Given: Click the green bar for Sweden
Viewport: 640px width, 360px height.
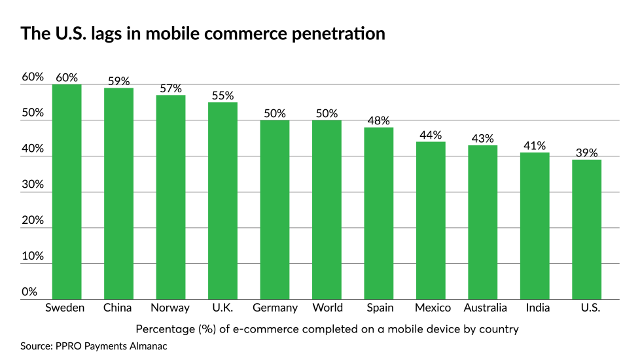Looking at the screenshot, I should tap(67, 192).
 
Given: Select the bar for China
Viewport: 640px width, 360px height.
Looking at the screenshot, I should tap(118, 194).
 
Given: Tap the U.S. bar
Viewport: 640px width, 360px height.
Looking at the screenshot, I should tap(586, 229).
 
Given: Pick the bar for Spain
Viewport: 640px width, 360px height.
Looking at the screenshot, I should tap(378, 213).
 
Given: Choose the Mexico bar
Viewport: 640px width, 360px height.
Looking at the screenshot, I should tap(431, 221).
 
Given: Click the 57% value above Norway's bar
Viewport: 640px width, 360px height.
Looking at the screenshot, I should tap(171, 88).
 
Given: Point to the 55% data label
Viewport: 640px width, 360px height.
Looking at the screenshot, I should tap(222, 96).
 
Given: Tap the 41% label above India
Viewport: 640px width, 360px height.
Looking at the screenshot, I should tap(535, 146).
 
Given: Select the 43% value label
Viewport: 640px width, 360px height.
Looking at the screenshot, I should tap(482, 139).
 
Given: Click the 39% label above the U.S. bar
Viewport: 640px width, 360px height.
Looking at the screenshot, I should tap(586, 153).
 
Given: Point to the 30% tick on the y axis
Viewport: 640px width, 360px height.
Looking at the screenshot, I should tap(33, 185).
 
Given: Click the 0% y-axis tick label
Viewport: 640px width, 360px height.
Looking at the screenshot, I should tap(29, 292).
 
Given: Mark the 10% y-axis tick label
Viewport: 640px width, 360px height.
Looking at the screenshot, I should tap(33, 256).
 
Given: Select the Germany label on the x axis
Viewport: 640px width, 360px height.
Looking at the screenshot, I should tap(275, 308).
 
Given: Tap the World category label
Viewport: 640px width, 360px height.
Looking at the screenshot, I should tap(327, 308).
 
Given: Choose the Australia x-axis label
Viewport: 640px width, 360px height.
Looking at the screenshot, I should tap(485, 308).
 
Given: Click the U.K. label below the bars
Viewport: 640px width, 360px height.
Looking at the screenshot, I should tap(222, 308).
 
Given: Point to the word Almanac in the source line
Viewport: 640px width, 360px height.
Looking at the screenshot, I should tap(148, 346).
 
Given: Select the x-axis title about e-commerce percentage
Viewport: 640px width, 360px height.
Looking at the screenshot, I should tap(327, 329).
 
